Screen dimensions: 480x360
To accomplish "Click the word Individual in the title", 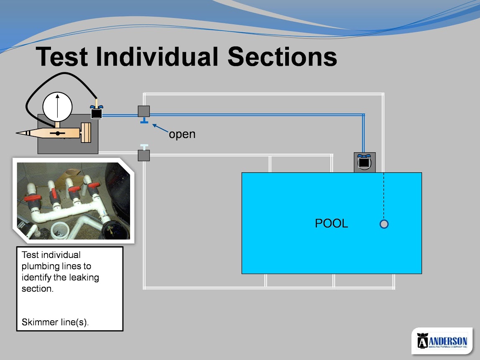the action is (157, 56).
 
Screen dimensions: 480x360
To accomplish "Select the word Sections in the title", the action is (282, 56).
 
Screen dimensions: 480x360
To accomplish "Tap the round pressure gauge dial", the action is (58, 107).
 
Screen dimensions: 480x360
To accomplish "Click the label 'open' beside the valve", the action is (182, 134).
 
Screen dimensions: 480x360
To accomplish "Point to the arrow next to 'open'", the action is (161, 128).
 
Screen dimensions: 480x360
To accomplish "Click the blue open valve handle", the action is (144, 121).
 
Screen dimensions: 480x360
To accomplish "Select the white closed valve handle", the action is (144, 147).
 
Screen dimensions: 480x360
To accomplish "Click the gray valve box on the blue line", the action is (143, 111).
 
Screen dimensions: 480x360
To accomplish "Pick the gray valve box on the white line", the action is (143, 156).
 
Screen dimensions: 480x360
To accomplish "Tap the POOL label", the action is (332, 223).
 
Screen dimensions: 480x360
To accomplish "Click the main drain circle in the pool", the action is (384, 224).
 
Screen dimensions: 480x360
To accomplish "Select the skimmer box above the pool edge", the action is (365, 163).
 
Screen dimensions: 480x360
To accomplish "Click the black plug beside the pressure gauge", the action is (97, 112).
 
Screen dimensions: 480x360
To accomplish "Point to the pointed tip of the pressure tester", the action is (17, 133).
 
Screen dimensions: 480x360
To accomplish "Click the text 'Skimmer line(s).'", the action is (55, 322).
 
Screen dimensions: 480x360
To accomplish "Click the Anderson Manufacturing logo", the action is (442, 341).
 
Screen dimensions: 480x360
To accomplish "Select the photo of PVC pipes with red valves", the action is (74, 201).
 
